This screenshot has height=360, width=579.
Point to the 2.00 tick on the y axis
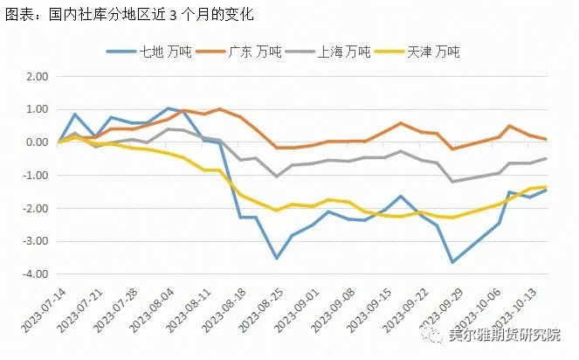pyautogui.click(x=36, y=76)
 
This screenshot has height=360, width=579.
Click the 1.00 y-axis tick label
pyautogui.click(x=36, y=109)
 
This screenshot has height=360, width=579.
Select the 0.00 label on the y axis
pyautogui.click(x=36, y=142)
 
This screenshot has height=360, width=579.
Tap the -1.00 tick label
pyautogui.click(x=34, y=175)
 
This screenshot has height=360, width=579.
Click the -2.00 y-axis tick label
pyautogui.click(x=34, y=208)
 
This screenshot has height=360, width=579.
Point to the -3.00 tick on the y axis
pyautogui.click(x=34, y=240)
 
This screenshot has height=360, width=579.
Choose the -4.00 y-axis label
pyautogui.click(x=34, y=273)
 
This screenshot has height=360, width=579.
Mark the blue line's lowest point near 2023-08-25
pyautogui.click(x=277, y=258)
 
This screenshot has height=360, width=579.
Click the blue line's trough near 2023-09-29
pyautogui.click(x=452, y=262)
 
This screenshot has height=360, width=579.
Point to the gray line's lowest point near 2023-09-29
pyautogui.click(x=452, y=182)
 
